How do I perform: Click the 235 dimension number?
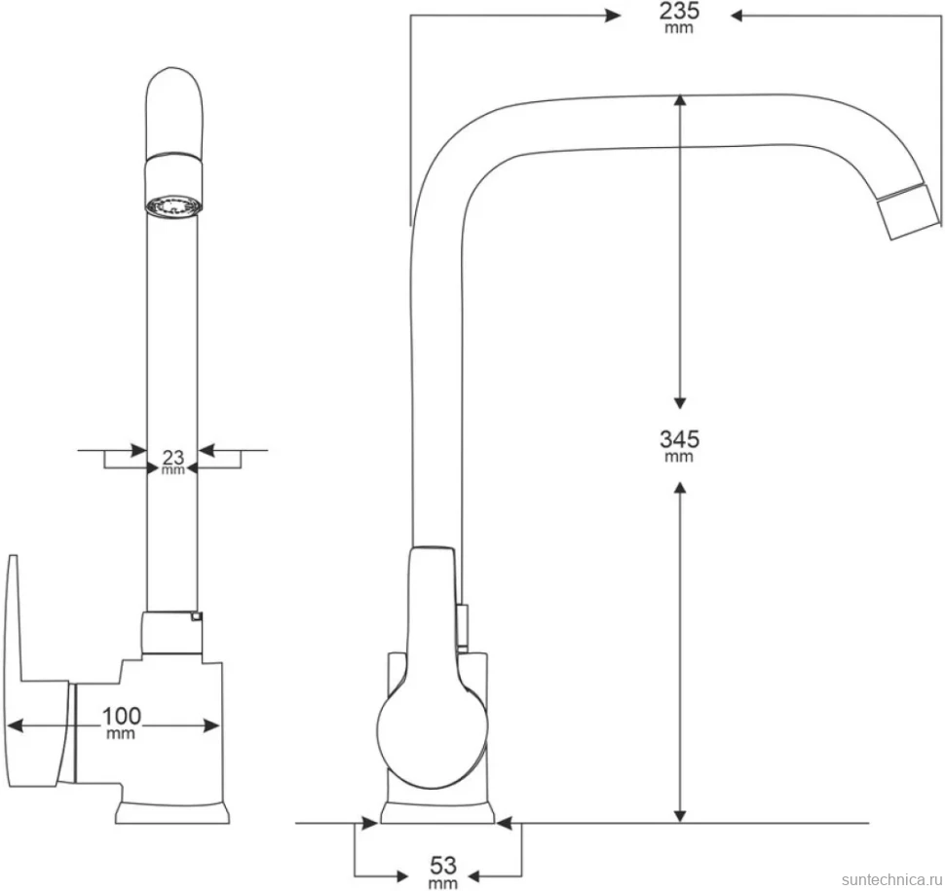click(679, 11)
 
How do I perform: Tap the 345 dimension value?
click(679, 439)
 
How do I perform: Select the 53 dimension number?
click(443, 867)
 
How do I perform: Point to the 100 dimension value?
click(121, 717)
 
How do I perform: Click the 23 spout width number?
click(173, 458)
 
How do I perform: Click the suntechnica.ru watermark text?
click(891, 879)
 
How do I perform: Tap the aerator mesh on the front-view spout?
click(173, 205)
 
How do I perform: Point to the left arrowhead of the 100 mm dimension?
click(15, 726)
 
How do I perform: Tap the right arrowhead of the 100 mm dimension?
click(211, 726)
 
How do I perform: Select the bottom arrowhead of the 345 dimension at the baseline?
click(680, 814)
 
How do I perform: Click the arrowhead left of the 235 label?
click(613, 17)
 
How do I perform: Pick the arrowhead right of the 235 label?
click(738, 17)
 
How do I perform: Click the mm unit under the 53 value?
click(443, 884)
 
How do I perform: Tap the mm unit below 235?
click(679, 28)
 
